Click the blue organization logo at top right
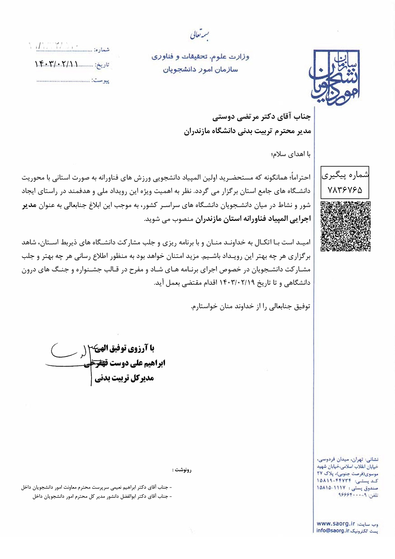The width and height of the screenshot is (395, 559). [x=334, y=76]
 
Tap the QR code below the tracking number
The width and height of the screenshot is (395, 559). [x=345, y=226]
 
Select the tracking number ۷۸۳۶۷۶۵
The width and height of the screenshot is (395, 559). [x=345, y=190]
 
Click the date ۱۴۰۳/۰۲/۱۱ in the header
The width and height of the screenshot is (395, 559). [x=57, y=64]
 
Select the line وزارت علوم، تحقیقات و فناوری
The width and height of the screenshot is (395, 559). [x=200, y=56]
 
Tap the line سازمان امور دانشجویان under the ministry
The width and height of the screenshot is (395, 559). [x=200, y=70]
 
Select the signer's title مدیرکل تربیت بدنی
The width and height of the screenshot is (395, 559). [x=124, y=378]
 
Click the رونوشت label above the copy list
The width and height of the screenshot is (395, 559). [x=182, y=470]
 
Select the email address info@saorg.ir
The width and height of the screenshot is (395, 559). [x=333, y=531]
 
